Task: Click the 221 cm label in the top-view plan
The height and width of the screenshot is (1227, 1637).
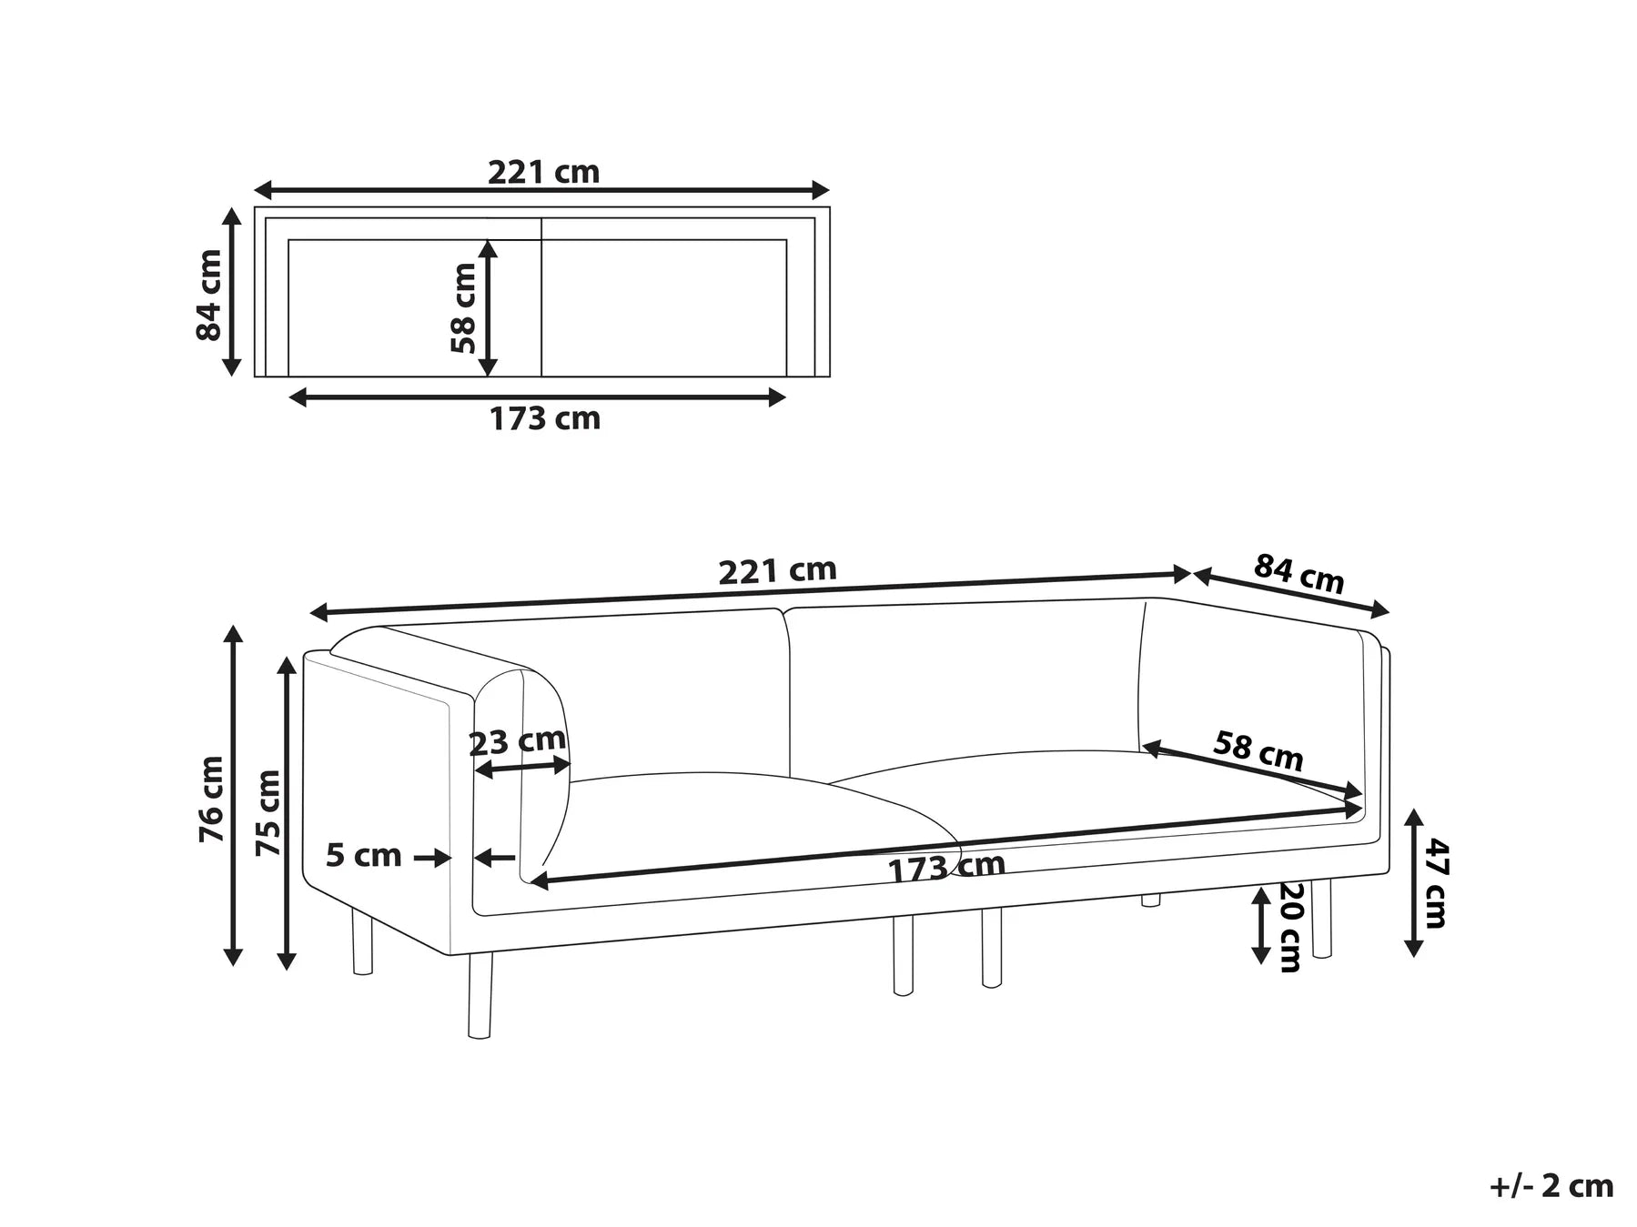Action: click(544, 172)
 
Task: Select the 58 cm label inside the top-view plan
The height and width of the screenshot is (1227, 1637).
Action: click(463, 307)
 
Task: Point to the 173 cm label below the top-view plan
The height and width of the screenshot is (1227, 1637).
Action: click(545, 418)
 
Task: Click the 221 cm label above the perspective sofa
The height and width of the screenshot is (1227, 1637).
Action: click(777, 571)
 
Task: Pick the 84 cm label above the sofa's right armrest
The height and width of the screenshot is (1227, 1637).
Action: click(1298, 574)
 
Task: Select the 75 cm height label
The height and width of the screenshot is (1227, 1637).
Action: click(268, 812)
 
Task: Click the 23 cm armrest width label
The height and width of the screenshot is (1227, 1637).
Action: click(517, 741)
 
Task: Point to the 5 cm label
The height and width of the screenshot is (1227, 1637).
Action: click(364, 855)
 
